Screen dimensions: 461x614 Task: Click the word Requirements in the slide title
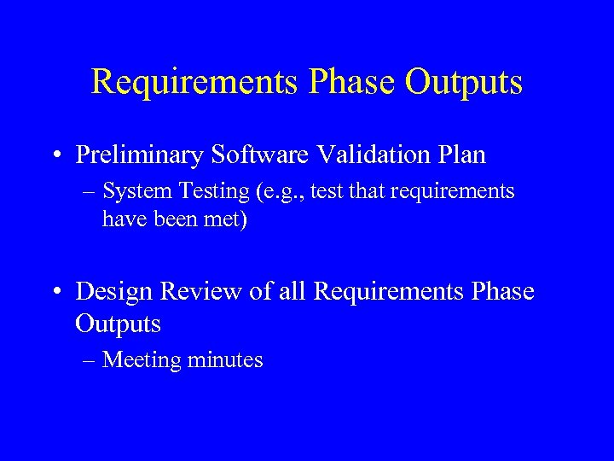[x=194, y=83]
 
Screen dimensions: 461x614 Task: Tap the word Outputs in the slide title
[x=464, y=83]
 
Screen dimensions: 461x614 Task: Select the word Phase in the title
[x=350, y=83]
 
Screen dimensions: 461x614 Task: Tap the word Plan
[x=462, y=155]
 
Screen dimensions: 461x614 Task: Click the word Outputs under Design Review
[x=118, y=324]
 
